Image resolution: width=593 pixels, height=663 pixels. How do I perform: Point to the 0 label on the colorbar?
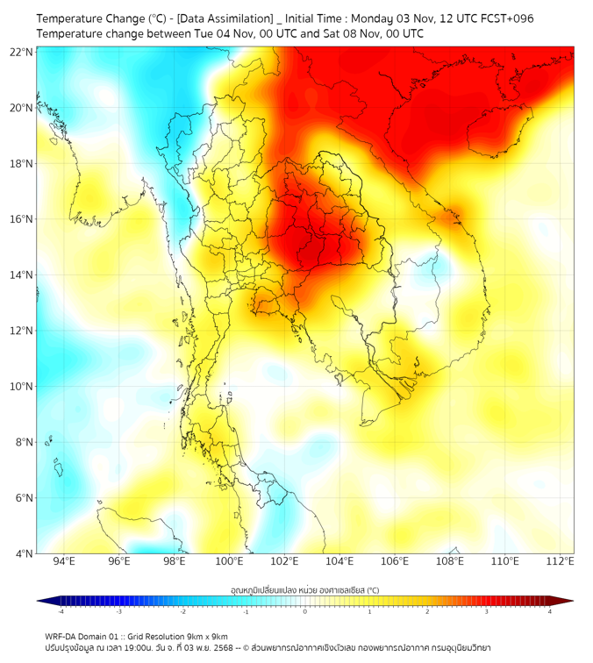coord(305,611)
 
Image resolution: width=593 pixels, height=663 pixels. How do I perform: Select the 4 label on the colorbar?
coord(550,611)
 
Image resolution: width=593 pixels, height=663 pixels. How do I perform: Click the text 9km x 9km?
coord(207,636)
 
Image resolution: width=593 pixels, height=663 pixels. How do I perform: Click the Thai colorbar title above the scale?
coord(304,589)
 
